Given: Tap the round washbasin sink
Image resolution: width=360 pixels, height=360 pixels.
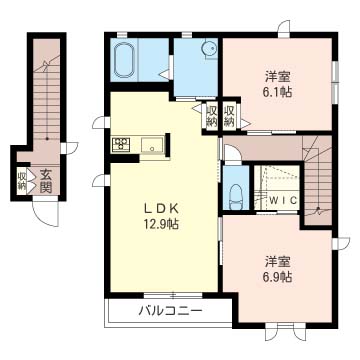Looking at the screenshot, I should [208, 49].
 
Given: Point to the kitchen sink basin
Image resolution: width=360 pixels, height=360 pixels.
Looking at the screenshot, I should [151, 148].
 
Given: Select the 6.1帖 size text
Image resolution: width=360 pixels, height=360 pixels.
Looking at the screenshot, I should [277, 90].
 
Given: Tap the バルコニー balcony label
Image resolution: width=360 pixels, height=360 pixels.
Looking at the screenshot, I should [169, 311].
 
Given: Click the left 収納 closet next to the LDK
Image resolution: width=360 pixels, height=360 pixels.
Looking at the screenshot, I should [212, 115].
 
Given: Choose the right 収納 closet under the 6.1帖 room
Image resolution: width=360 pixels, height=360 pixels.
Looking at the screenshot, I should [230, 115].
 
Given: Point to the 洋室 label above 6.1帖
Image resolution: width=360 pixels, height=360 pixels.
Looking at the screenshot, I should [277, 75].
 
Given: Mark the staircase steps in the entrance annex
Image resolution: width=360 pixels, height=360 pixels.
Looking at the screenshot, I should [45, 100].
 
